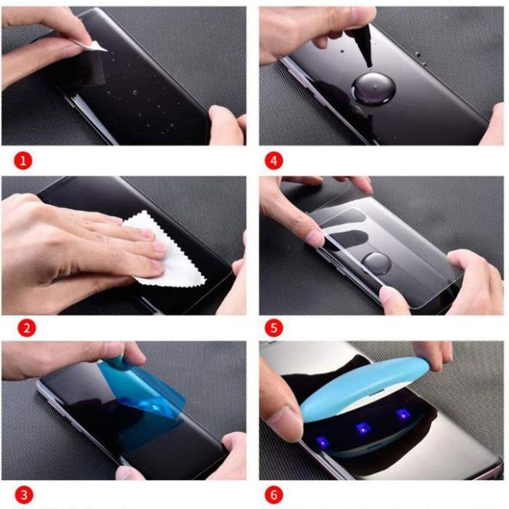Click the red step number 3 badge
pos(24,495)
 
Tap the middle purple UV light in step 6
pos(358,428)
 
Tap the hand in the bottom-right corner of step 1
pos(227,124)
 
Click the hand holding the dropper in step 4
pos(305,29)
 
